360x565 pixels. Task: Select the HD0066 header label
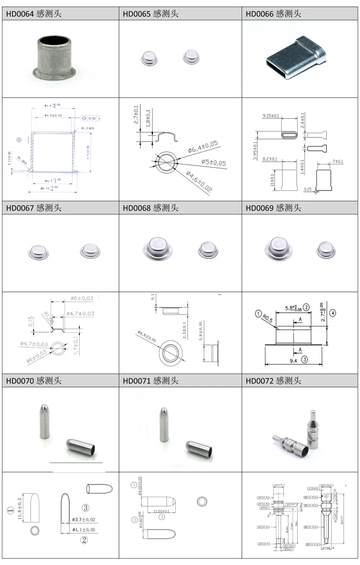click(x=274, y=14)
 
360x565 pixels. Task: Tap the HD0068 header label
click(x=151, y=208)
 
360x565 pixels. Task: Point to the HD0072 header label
click(x=274, y=381)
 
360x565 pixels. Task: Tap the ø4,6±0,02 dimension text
click(x=199, y=182)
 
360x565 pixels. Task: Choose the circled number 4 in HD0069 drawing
click(x=333, y=313)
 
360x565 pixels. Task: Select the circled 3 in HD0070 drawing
click(x=86, y=507)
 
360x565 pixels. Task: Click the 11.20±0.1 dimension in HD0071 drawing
click(x=162, y=510)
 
